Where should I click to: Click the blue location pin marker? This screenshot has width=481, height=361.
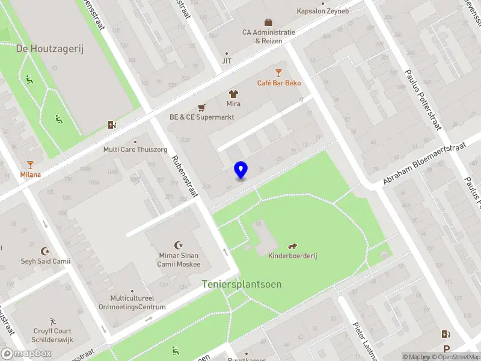click(241, 170)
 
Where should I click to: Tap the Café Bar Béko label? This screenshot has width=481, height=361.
click(279, 83)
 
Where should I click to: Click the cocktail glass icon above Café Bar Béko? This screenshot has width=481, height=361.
click(278, 72)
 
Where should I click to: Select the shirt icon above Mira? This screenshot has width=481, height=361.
click(233, 94)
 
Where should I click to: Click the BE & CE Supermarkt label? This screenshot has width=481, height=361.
click(201, 117)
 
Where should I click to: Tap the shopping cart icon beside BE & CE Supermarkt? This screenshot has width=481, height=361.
click(201, 107)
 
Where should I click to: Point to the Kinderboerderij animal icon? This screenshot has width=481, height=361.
click(293, 245)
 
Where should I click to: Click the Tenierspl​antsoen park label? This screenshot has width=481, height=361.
click(242, 284)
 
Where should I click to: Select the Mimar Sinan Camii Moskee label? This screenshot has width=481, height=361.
click(179, 260)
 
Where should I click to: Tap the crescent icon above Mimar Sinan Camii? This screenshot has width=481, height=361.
click(178, 245)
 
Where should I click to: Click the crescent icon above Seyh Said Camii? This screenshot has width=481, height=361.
click(44, 251)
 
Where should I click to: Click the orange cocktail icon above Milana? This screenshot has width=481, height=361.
click(31, 164)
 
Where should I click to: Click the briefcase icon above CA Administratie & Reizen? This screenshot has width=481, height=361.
click(269, 22)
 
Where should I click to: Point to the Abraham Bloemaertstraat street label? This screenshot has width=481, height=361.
click(424, 163)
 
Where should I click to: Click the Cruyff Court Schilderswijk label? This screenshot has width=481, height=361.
click(53, 335)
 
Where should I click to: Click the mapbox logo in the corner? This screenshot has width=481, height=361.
click(26, 354)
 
